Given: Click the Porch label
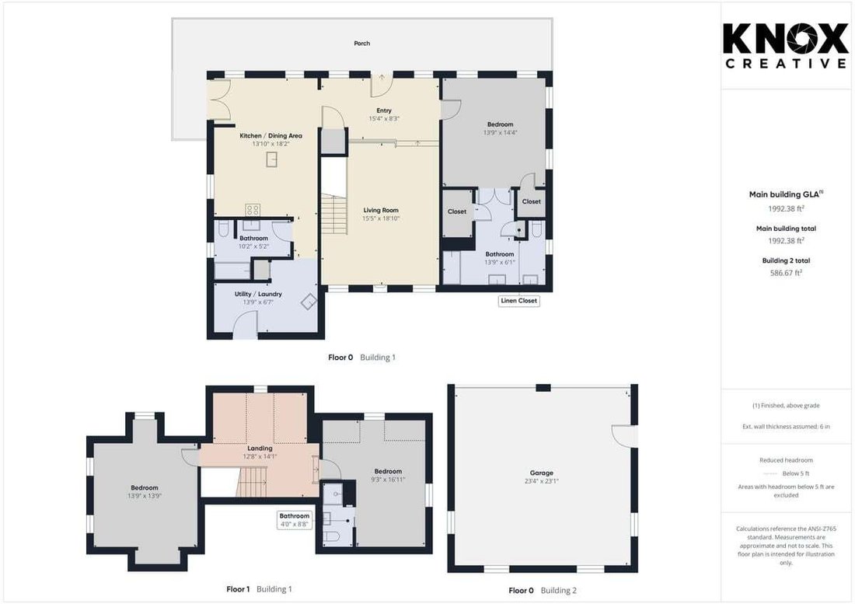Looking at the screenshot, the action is click(x=361, y=43).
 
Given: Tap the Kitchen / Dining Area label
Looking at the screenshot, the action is click(x=270, y=136).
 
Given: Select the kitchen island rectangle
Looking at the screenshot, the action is click(x=271, y=159).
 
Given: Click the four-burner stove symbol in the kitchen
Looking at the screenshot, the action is click(x=253, y=209).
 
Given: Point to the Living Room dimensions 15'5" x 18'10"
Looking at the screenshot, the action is click(x=381, y=218).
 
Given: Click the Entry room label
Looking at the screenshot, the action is click(x=384, y=110).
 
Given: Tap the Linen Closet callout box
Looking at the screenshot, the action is click(x=518, y=300).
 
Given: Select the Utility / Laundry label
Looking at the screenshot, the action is click(x=258, y=294).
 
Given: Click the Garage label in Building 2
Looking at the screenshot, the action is click(x=542, y=473).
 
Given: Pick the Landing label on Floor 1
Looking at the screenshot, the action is click(x=260, y=448).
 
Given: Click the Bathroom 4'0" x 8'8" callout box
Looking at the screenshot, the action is click(x=294, y=520).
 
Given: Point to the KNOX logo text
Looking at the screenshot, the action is click(x=786, y=39).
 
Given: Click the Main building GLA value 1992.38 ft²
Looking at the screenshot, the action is click(x=786, y=208).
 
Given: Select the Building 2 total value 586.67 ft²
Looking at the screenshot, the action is click(x=786, y=273).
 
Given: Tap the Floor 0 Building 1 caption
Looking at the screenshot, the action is click(x=361, y=358).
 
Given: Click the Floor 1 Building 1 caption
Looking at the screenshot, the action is click(x=259, y=588).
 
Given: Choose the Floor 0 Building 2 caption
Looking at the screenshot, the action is click(x=542, y=590).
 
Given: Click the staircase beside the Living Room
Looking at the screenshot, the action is click(x=333, y=215).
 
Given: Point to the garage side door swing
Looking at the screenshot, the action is click(x=624, y=435).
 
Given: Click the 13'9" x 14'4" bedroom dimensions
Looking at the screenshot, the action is click(x=500, y=132).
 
